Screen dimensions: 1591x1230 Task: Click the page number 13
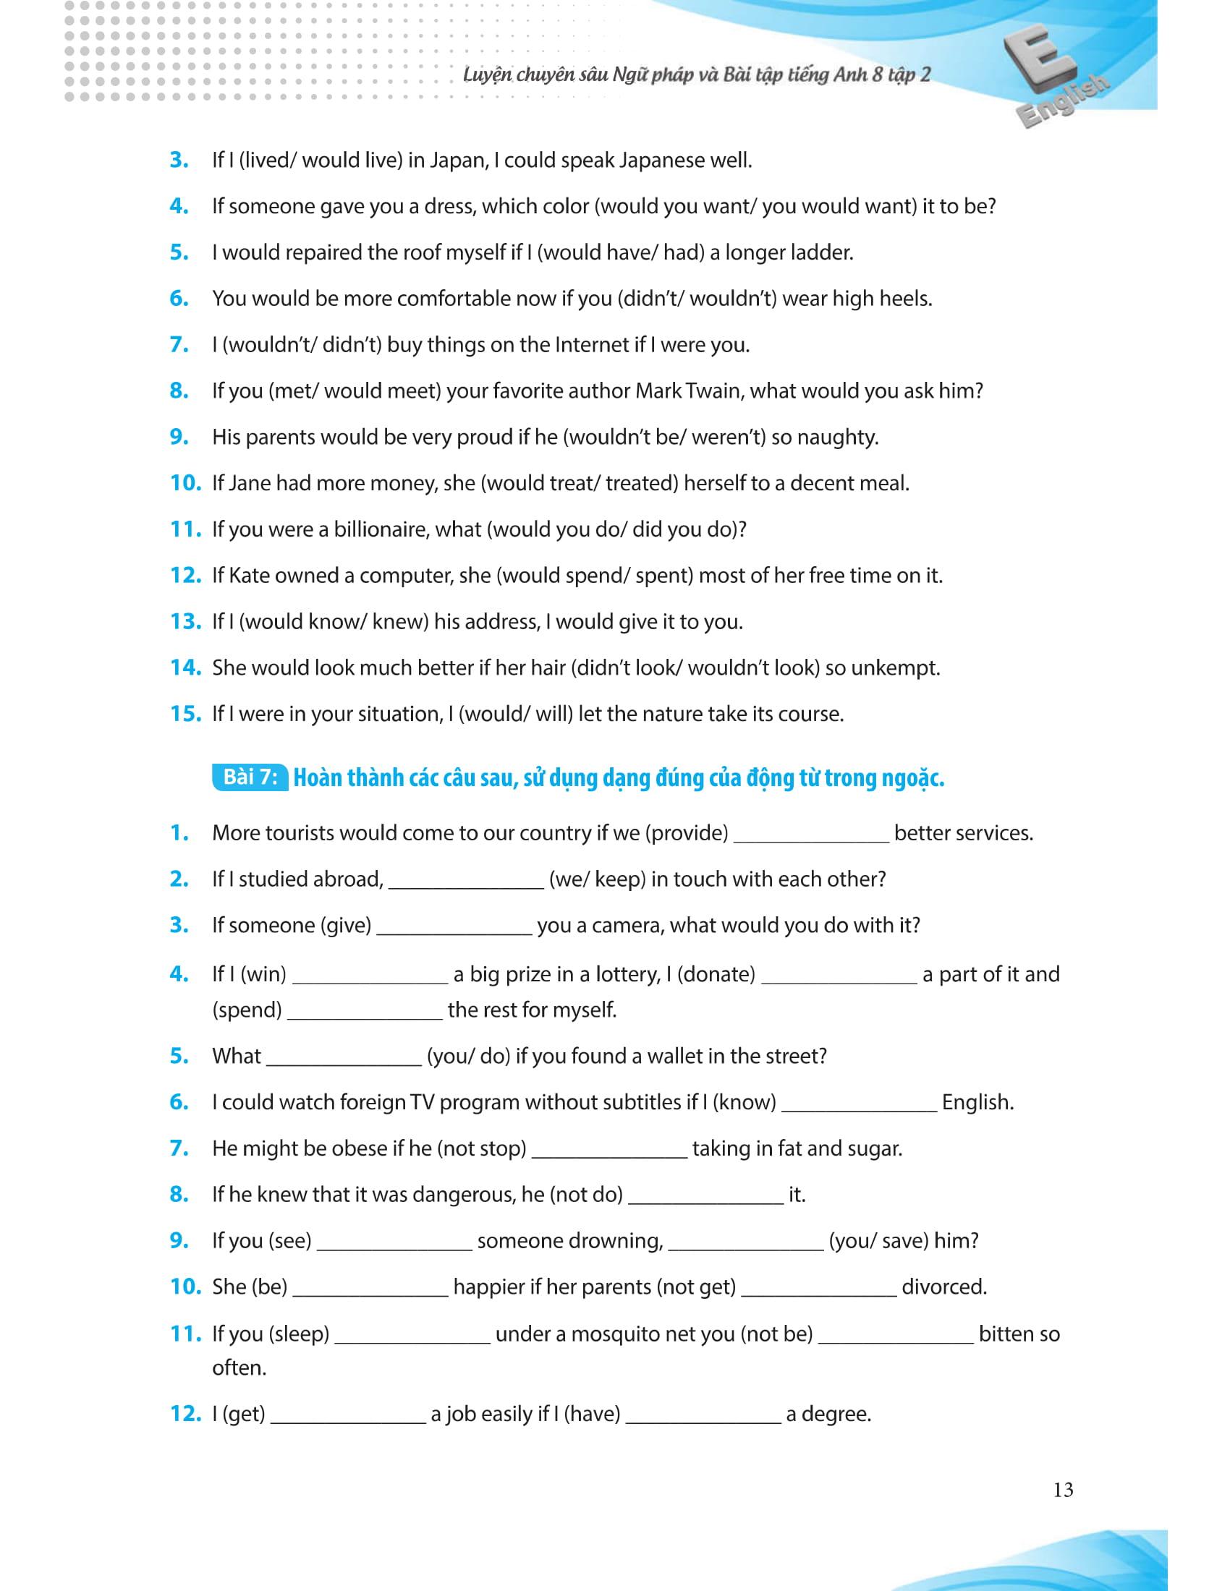click(1062, 1490)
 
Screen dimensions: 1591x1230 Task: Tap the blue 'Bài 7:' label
click(250, 777)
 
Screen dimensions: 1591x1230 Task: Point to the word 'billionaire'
click(379, 529)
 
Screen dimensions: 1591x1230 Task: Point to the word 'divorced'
click(943, 1287)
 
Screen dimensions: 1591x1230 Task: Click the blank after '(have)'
click(703, 1415)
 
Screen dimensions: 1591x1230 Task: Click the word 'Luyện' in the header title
click(488, 75)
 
